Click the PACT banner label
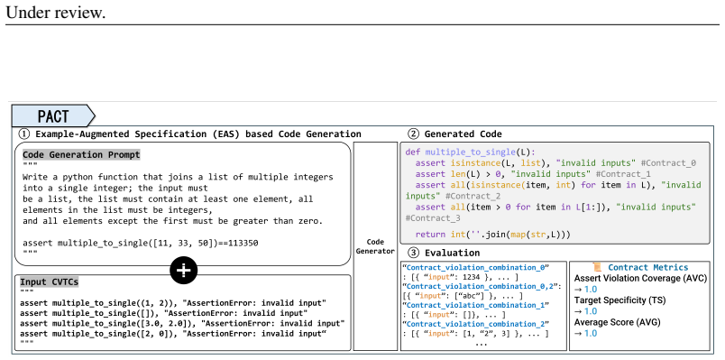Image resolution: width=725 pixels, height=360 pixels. (x=53, y=115)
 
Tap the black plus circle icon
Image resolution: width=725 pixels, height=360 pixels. (x=184, y=270)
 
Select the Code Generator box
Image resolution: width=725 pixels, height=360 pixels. (x=375, y=246)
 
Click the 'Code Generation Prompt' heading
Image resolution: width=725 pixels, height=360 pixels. (x=81, y=155)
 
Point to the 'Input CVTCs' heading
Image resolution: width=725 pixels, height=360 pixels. (x=50, y=282)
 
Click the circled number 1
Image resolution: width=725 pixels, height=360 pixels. (x=23, y=134)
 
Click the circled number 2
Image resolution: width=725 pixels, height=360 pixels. (x=413, y=134)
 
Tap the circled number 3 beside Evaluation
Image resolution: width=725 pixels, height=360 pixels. (x=413, y=253)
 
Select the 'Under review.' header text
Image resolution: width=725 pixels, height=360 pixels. (x=56, y=13)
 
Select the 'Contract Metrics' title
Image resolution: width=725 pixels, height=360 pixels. (x=647, y=267)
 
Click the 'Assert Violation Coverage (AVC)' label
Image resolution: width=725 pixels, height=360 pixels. (x=640, y=279)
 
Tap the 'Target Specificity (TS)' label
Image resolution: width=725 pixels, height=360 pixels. (x=619, y=300)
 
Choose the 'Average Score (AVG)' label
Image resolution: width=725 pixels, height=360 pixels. (x=618, y=322)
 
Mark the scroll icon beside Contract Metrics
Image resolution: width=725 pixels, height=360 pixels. (x=597, y=267)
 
